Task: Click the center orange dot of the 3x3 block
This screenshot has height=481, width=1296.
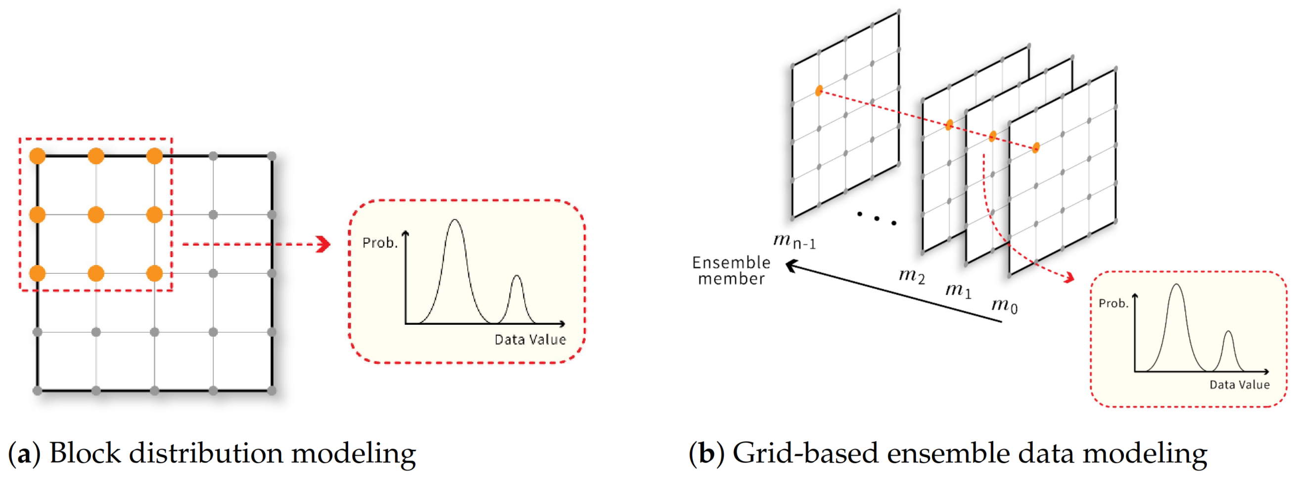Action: click(x=95, y=215)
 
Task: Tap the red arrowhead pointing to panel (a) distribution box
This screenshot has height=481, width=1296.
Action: click(x=324, y=244)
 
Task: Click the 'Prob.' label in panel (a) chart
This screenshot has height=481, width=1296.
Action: click(x=380, y=243)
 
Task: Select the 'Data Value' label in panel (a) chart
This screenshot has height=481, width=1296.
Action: click(x=530, y=340)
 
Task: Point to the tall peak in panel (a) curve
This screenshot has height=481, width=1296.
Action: click(x=455, y=221)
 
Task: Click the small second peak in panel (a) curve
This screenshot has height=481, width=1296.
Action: click(x=517, y=276)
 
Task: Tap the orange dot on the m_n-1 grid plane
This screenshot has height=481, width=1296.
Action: click(x=819, y=90)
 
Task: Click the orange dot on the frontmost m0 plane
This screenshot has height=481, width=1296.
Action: click(x=1036, y=148)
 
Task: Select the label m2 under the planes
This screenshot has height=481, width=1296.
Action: click(x=912, y=275)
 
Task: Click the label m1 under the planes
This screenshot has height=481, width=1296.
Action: click(x=958, y=290)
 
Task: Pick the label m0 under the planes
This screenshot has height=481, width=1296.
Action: click(x=1004, y=305)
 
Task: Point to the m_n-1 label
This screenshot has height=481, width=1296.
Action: click(x=794, y=241)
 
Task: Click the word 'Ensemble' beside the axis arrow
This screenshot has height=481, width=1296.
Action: click(x=731, y=262)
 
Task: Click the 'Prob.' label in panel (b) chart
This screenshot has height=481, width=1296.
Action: click(x=1113, y=304)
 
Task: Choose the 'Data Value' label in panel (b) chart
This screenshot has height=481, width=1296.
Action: click(x=1239, y=385)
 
